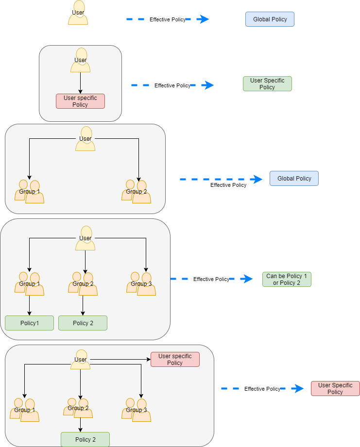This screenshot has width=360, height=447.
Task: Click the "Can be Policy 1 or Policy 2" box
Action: pyautogui.click(x=287, y=279)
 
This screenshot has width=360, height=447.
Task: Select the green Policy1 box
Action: pyautogui.click(x=29, y=323)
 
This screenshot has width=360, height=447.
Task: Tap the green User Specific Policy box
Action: pyautogui.click(x=267, y=84)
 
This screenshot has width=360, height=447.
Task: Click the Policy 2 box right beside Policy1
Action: pyautogui.click(x=83, y=323)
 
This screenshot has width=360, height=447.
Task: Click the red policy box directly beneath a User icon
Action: pyautogui.click(x=80, y=101)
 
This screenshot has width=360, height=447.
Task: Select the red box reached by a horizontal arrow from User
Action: pyautogui.click(x=175, y=359)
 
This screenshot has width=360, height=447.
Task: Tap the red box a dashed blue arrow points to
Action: pyautogui.click(x=335, y=388)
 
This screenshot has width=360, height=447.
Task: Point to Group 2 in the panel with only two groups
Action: pyautogui.click(x=137, y=191)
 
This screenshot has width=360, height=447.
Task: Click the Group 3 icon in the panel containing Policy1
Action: pyautogui.click(x=141, y=283)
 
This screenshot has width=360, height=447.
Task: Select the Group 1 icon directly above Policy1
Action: pyautogui.click(x=30, y=283)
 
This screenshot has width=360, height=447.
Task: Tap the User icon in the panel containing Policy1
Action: pyautogui.click(x=85, y=238)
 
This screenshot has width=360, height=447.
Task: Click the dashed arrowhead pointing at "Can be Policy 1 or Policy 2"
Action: pyautogui.click(x=247, y=279)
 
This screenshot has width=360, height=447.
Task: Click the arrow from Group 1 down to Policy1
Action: pyautogui.click(x=30, y=306)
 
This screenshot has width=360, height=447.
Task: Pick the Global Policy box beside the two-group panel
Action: pyautogui.click(x=294, y=178)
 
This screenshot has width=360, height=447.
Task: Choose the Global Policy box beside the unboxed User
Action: pyautogui.click(x=270, y=19)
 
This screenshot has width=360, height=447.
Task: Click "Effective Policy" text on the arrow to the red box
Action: pyautogui.click(x=262, y=389)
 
